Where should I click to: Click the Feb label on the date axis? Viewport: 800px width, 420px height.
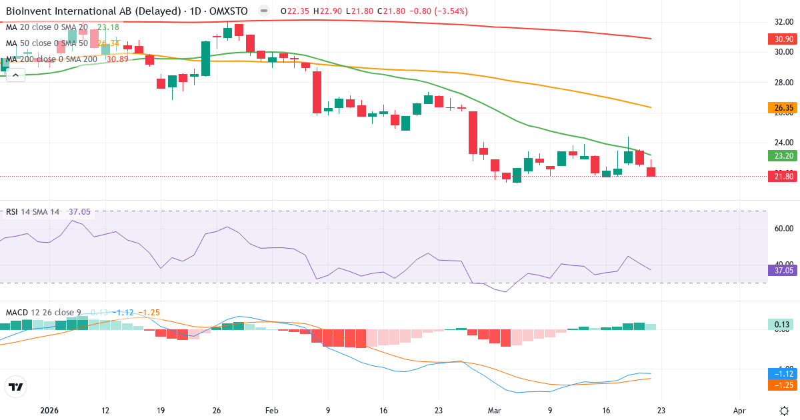pyautogui.click(x=271, y=411)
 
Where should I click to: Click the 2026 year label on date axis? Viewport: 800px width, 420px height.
pyautogui.click(x=50, y=411)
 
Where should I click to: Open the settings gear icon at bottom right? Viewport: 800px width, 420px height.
pyautogui.click(x=784, y=410)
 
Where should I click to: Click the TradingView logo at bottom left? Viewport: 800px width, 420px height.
pyautogui.click(x=16, y=387)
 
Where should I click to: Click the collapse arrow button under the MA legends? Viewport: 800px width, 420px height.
pyautogui.click(x=15, y=75)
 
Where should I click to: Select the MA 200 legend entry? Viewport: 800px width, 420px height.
pyautogui.click(x=51, y=59)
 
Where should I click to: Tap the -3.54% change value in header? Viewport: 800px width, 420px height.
pyautogui.click(x=449, y=11)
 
